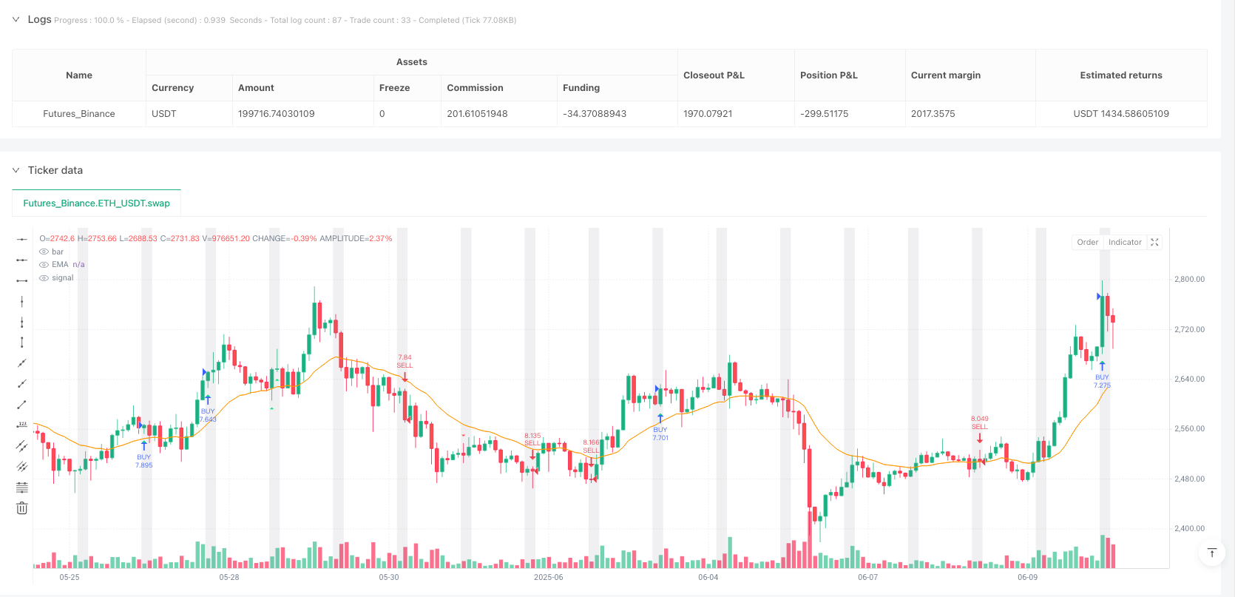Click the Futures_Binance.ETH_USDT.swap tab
click(96, 203)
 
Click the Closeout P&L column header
click(714, 75)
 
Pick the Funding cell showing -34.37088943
click(594, 114)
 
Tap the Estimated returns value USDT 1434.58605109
click(1120, 114)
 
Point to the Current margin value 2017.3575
click(933, 114)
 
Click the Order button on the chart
click(1087, 242)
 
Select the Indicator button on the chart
click(1125, 242)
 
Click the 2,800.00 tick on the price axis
click(1189, 280)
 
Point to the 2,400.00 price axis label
click(1189, 529)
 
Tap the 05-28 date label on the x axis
click(229, 577)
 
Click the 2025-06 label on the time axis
click(548, 577)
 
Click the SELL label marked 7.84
click(405, 365)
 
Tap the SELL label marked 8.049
click(979, 427)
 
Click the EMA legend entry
click(60, 265)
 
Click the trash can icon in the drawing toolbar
click(22, 508)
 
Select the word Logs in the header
click(39, 19)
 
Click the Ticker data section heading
click(55, 170)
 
